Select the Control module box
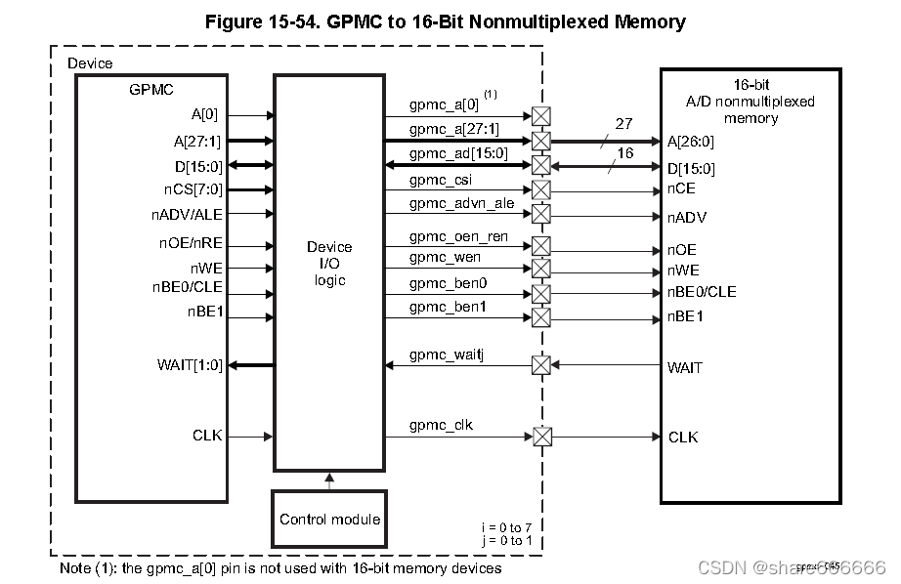click(x=329, y=519)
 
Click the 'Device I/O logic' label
click(x=329, y=264)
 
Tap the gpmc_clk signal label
click(x=441, y=425)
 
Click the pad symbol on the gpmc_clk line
click(x=540, y=437)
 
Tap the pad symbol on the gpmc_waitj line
click(x=540, y=365)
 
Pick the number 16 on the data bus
click(x=625, y=153)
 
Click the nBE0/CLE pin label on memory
click(x=702, y=292)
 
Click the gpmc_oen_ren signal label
click(x=457, y=235)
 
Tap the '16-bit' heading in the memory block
click(x=751, y=85)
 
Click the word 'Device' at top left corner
click(x=90, y=63)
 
